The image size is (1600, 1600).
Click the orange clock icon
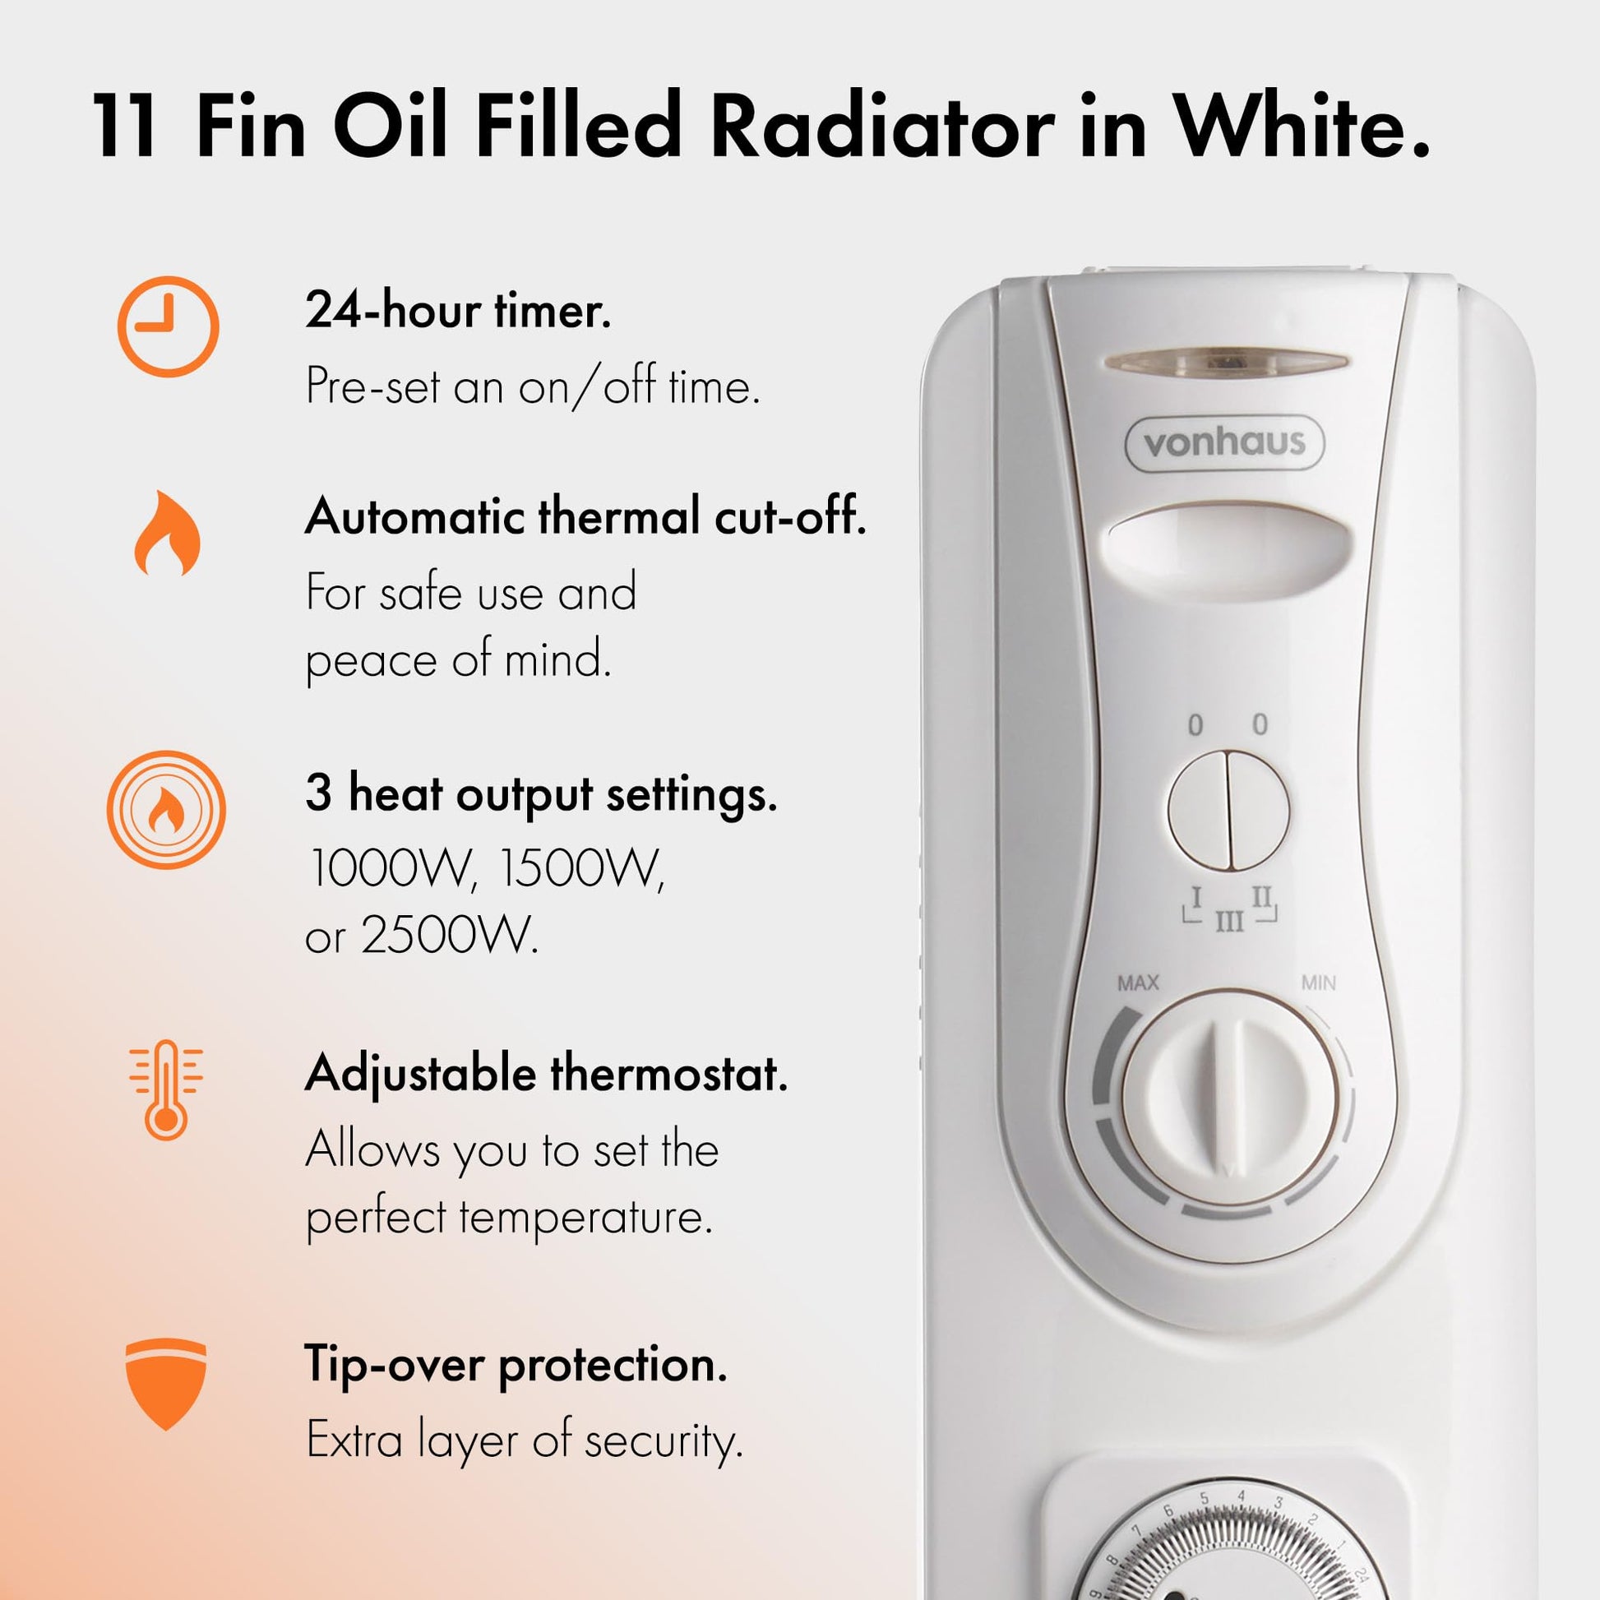point(168,326)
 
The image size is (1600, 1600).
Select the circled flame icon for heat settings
point(166,809)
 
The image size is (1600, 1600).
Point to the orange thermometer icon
point(165,1090)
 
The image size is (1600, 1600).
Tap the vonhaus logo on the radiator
point(1224,443)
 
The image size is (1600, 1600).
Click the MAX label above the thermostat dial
point(1138,983)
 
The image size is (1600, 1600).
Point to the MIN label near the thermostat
point(1319,983)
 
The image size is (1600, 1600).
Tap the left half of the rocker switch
point(1197,810)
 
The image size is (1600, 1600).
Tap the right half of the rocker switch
point(1259,810)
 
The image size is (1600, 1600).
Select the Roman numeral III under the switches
point(1230,922)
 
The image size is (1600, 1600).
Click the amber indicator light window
point(1225,362)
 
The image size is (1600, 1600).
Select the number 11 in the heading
point(124,127)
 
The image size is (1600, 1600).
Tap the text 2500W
point(449,936)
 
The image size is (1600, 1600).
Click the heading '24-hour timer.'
point(458,312)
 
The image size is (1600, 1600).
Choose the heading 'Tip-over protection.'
point(516,1363)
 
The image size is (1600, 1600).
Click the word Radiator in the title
point(883,127)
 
